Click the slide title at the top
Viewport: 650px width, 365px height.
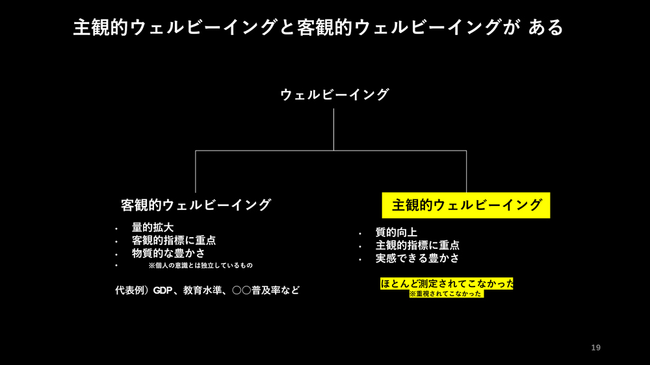pyautogui.click(x=318, y=27)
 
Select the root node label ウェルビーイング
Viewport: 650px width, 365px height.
pyautogui.click(x=334, y=95)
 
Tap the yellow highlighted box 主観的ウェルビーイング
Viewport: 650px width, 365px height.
pyautogui.click(x=466, y=205)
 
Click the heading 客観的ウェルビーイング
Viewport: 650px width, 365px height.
pyautogui.click(x=196, y=205)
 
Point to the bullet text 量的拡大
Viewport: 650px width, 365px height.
pyautogui.click(x=153, y=227)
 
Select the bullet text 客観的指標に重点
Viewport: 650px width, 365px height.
pyautogui.click(x=174, y=240)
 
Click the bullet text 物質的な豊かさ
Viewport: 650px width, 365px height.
pyautogui.click(x=168, y=253)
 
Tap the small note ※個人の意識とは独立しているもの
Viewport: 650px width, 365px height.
pyautogui.click(x=200, y=266)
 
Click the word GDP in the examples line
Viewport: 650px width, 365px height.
pyautogui.click(x=162, y=290)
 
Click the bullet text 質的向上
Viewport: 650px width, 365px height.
pyautogui.click(x=396, y=233)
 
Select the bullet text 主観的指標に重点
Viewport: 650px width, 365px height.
pyautogui.click(x=417, y=245)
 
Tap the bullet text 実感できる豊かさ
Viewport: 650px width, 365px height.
pyautogui.click(x=417, y=258)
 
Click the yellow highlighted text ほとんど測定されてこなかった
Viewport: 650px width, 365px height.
pyautogui.click(x=447, y=284)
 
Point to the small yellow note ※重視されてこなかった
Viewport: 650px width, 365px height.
pyautogui.click(x=446, y=294)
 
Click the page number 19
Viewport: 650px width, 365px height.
pyautogui.click(x=595, y=348)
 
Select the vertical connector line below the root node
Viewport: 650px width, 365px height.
pyautogui.click(x=334, y=129)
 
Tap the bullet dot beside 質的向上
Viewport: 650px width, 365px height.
pyautogui.click(x=359, y=233)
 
